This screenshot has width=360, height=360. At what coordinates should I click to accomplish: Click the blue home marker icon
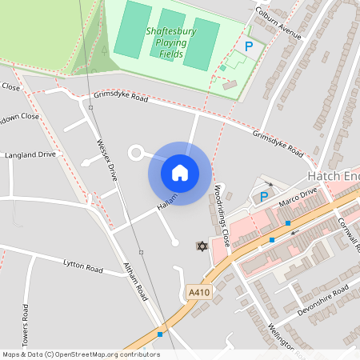point(180,173)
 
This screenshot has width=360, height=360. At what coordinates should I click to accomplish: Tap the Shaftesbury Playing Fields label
point(170,42)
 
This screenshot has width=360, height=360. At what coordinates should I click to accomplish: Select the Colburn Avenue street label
point(277,24)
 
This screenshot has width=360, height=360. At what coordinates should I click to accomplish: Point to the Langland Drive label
point(30,154)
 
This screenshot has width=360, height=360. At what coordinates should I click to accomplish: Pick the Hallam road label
point(166,206)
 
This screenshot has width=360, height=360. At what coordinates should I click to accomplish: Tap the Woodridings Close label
point(222,215)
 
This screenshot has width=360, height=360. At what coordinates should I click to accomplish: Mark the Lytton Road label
point(83,265)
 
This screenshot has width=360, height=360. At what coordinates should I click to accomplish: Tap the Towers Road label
point(26,325)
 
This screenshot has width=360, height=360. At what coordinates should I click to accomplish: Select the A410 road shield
point(198,294)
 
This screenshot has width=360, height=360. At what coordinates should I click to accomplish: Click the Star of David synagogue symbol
point(202,246)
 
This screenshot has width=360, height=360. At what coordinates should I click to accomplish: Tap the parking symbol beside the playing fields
point(249,47)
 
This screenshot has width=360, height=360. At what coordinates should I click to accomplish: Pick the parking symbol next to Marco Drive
point(263,196)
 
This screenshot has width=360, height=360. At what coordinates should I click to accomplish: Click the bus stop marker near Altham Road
point(160,334)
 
